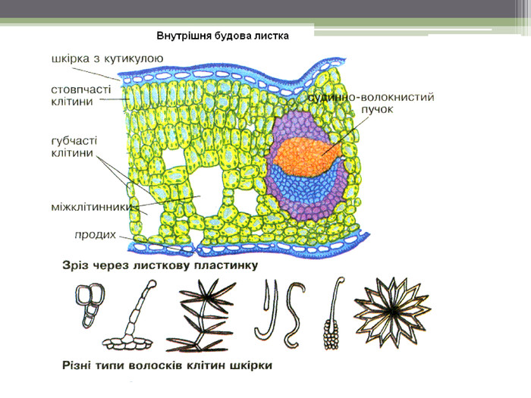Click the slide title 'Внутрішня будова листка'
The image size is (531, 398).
tap(223, 36)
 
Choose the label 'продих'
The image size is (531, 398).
tap(95, 234)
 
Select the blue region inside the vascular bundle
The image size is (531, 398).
tap(303, 186)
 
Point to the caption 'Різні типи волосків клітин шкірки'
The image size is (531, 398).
tap(166, 365)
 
